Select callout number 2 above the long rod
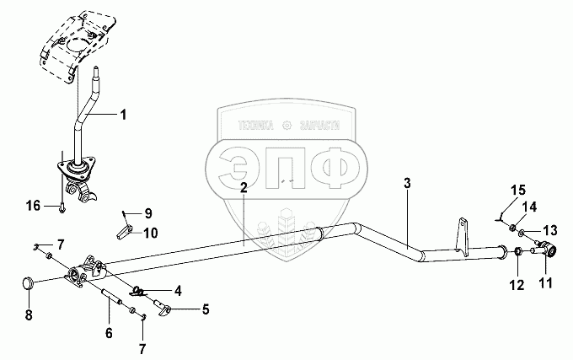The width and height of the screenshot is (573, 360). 243,188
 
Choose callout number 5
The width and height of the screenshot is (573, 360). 205,309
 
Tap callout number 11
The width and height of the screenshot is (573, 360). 545,282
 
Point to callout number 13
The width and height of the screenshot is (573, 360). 549,230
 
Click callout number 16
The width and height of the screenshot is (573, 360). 33,204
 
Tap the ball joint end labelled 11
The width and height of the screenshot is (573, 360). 550,250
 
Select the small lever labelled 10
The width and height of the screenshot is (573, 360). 124,228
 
